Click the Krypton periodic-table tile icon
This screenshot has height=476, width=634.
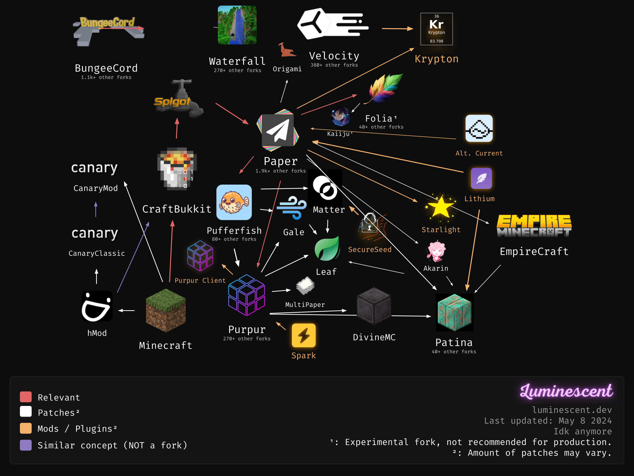tap(436, 29)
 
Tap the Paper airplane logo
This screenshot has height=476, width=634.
tap(278, 130)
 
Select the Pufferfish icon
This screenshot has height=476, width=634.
tap(234, 202)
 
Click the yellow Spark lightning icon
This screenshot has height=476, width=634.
tap(304, 335)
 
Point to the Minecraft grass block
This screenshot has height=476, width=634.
tap(166, 310)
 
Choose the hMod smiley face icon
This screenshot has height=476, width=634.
tap(97, 306)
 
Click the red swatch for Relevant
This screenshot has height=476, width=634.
tap(26, 397)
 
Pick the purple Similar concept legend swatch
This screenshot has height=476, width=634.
tap(26, 445)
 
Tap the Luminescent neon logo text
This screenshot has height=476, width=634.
tap(566, 391)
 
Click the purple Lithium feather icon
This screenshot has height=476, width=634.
tap(481, 178)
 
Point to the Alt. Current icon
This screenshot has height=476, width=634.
tap(479, 128)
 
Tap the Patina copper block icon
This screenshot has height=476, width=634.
tap(454, 313)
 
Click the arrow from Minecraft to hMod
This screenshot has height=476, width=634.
tap(126, 310)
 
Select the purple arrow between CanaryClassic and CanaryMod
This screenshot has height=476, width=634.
tap(96, 209)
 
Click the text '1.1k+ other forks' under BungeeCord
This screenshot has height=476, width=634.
tap(106, 77)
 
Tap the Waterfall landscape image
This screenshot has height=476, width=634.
tap(237, 25)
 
